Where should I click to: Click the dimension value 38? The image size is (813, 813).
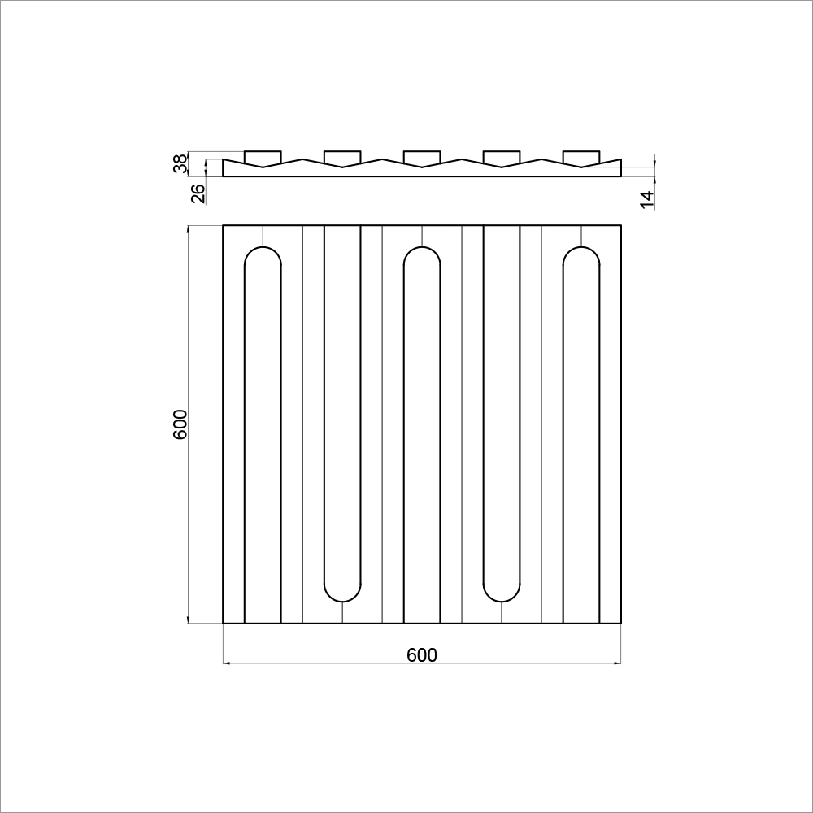(180, 164)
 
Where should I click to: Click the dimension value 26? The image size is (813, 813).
(198, 194)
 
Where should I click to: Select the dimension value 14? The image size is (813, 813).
(647, 200)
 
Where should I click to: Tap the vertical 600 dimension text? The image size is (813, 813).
(180, 424)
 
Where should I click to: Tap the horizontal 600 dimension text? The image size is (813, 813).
(421, 654)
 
